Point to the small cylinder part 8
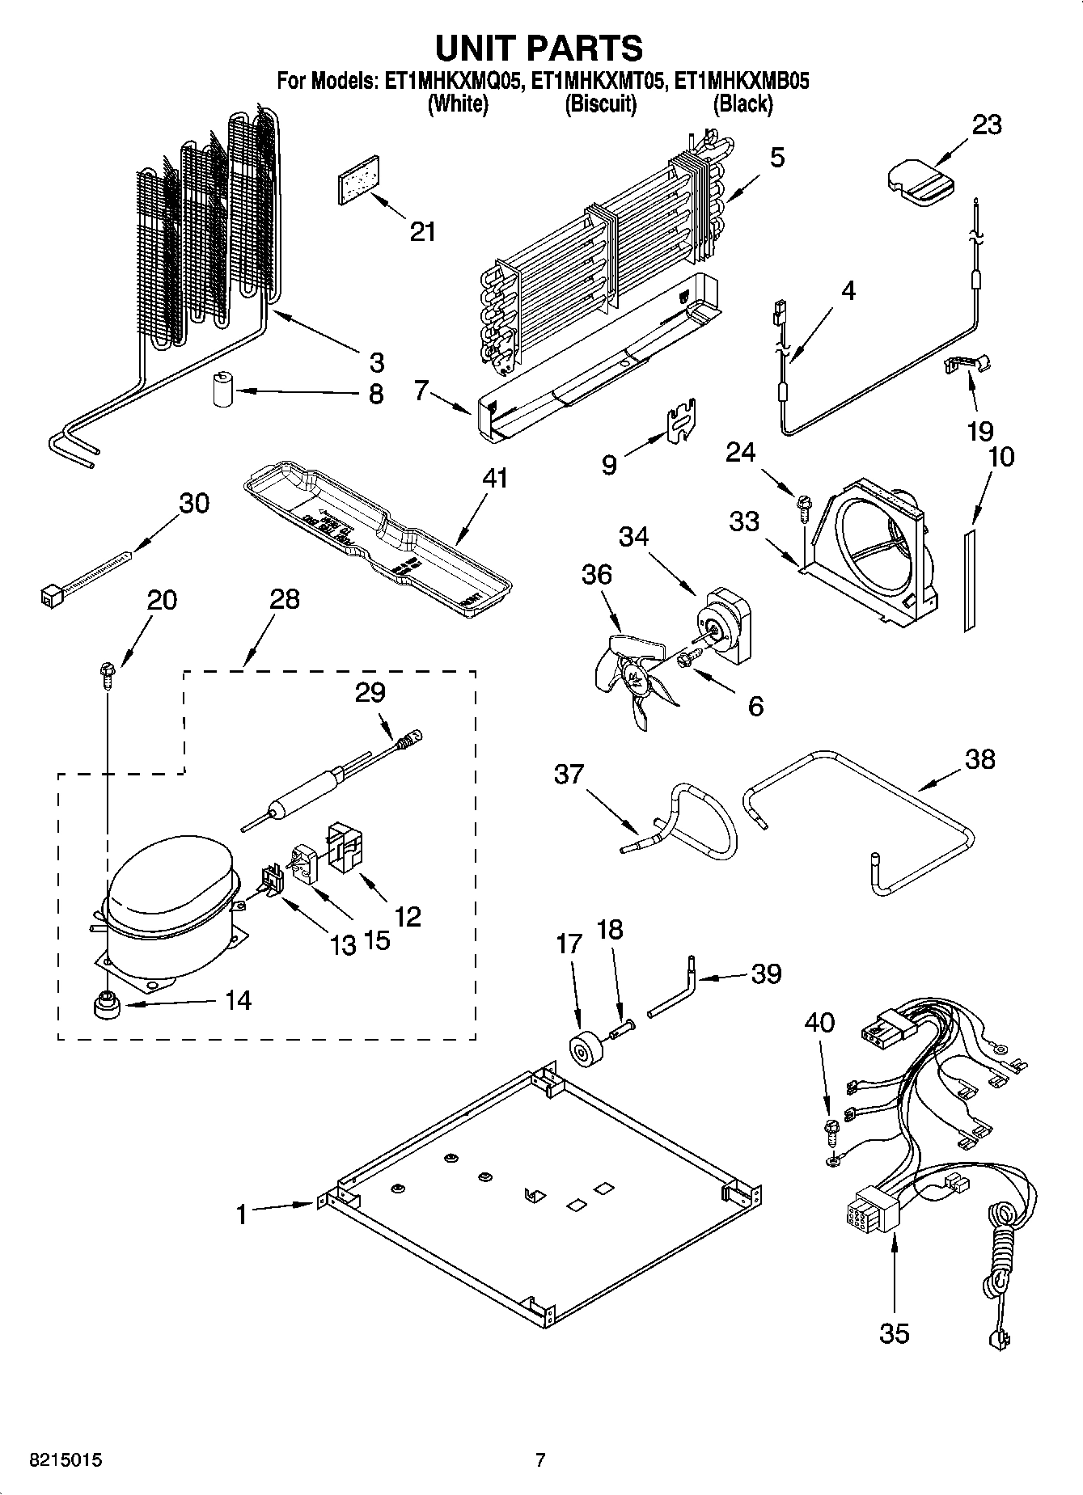point(222,390)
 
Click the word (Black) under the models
point(742,103)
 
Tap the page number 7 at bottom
point(539,1461)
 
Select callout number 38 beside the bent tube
point(979,759)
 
